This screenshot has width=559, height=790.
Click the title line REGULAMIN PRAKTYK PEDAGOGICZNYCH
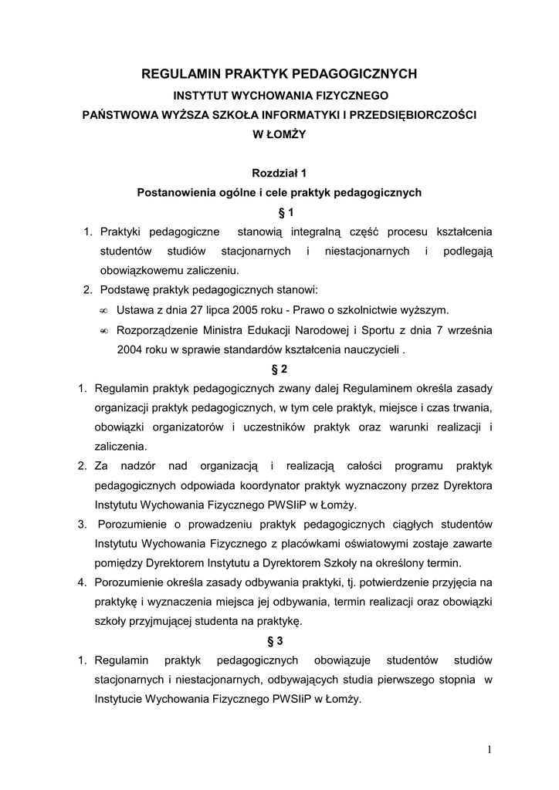(x=279, y=74)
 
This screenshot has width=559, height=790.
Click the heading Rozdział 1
(x=279, y=174)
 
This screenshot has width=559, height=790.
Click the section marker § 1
(x=279, y=212)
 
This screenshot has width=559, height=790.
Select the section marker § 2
(x=279, y=369)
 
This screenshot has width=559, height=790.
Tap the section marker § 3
(x=279, y=641)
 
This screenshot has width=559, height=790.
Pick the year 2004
(x=130, y=349)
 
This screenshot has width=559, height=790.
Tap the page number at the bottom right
(x=490, y=749)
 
